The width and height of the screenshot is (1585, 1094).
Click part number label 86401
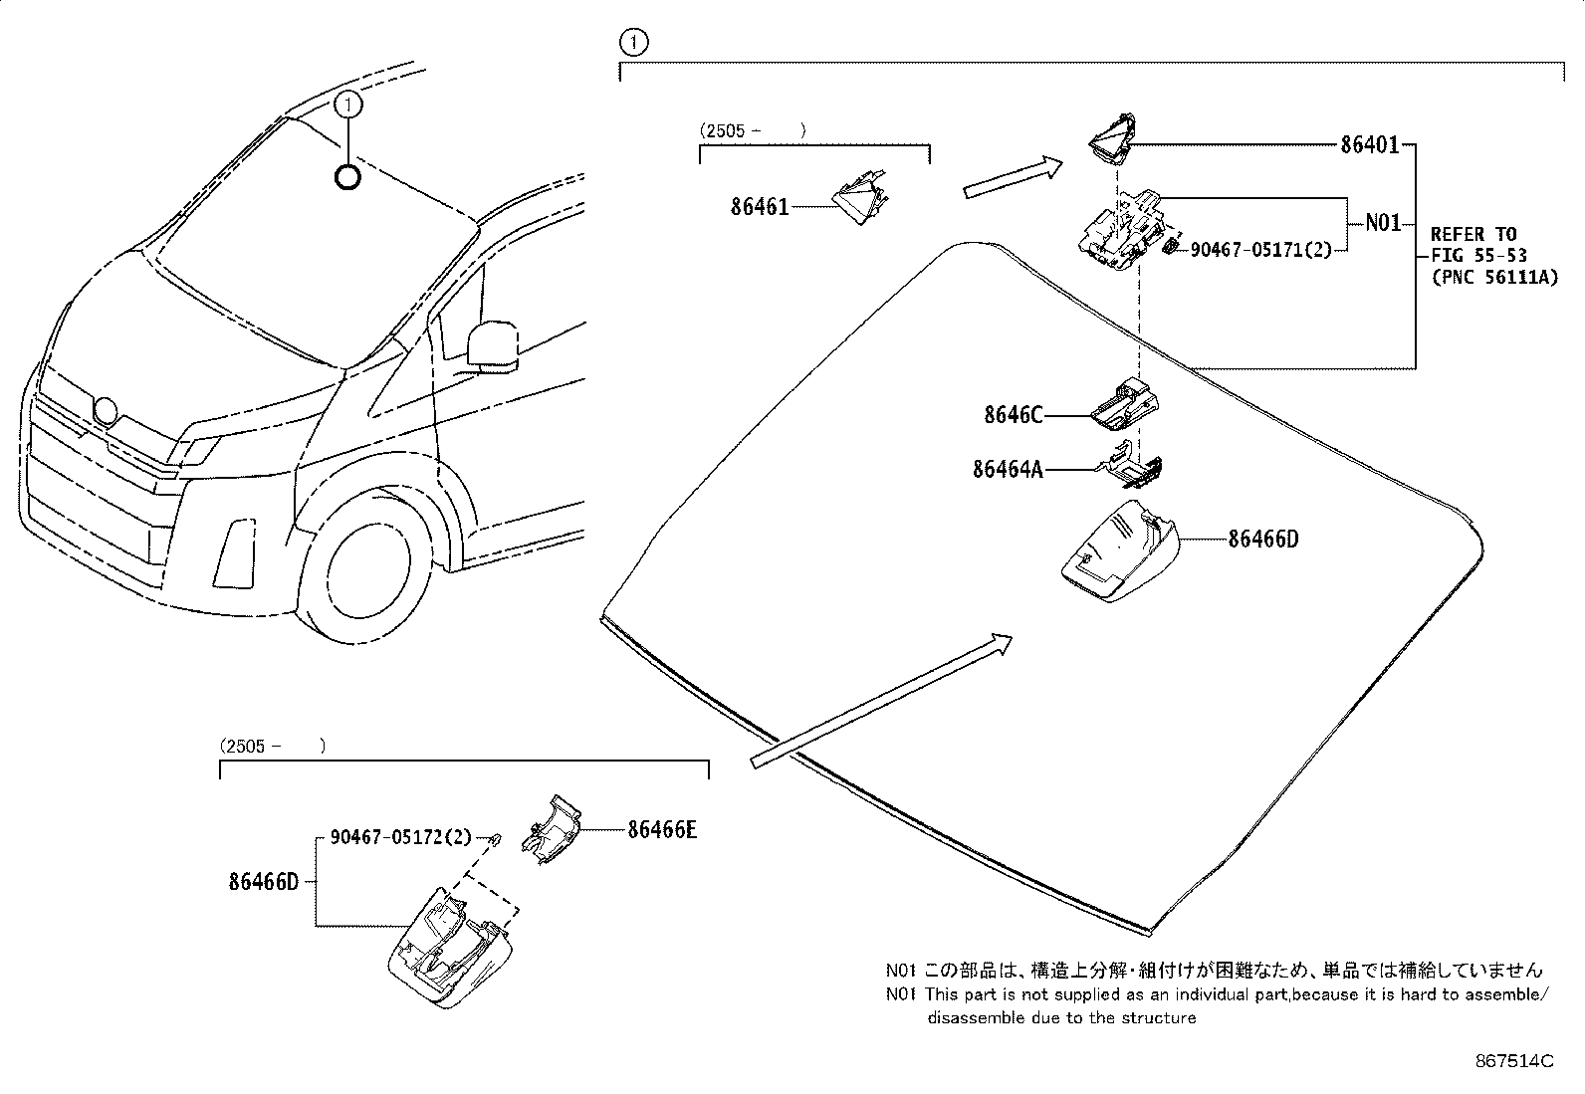pos(1369,145)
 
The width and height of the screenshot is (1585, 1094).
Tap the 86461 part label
pos(759,207)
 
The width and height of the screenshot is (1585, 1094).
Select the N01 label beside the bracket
pos(1382,223)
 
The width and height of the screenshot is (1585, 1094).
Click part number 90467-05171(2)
pos(1260,250)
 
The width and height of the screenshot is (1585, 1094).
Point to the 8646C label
pos(1013,415)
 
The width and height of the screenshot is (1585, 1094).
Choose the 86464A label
pos(1008,468)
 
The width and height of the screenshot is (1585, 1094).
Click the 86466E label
pos(662,828)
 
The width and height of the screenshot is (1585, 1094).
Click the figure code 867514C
pos(1514,1061)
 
